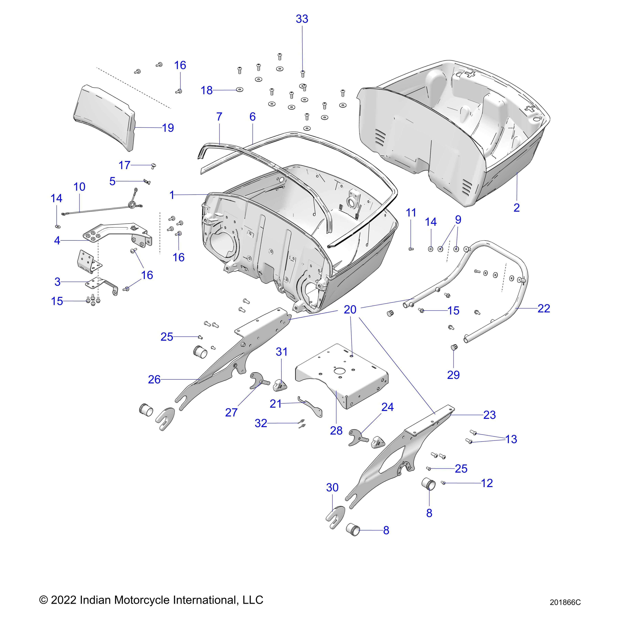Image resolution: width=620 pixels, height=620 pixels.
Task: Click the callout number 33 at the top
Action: tap(302, 19)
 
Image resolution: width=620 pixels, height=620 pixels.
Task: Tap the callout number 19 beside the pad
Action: tap(168, 128)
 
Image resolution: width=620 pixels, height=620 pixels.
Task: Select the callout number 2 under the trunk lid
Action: tap(516, 208)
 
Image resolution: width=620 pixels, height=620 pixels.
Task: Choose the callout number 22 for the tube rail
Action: tap(544, 308)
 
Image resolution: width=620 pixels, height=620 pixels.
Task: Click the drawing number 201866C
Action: tap(565, 603)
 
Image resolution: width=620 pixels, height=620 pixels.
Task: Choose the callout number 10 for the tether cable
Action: tap(79, 187)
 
